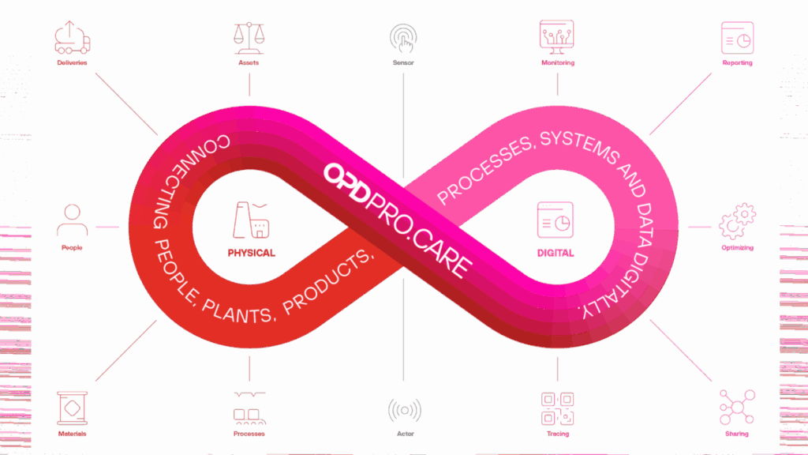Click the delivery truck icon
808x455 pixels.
[x=72, y=37]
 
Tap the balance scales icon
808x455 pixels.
[x=249, y=36]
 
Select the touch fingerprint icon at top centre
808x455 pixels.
[x=403, y=37]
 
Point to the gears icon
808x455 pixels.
[x=737, y=221]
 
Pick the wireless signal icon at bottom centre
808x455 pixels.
[x=404, y=411]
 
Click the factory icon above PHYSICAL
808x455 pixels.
[x=250, y=220]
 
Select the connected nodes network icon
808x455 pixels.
[x=736, y=407]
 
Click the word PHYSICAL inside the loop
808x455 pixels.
[x=251, y=254]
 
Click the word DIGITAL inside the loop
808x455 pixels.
[x=555, y=254]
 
